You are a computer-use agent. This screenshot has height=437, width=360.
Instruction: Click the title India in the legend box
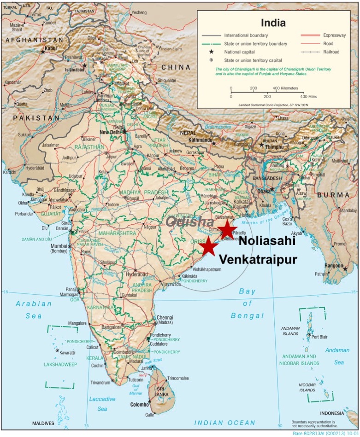pos(273,23)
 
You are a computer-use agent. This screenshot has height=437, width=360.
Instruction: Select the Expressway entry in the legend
pos(327,35)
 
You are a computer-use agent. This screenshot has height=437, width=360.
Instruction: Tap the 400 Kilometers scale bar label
pos(285,88)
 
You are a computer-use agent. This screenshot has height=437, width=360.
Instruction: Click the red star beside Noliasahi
pos(227,229)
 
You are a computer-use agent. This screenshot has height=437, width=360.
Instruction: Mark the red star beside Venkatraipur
pos(209,246)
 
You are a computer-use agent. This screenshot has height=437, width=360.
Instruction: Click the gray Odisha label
pos(189,222)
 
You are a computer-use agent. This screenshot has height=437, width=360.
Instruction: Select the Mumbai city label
pos(59,246)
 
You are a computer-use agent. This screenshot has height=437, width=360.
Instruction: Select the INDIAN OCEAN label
pos(224,423)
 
